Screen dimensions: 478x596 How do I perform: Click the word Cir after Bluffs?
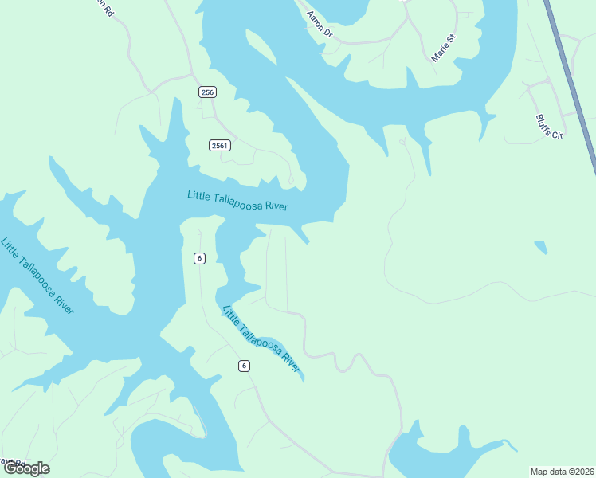(558, 135)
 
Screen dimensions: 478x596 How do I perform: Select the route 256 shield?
(207, 92)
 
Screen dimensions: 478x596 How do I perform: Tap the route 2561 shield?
(220, 145)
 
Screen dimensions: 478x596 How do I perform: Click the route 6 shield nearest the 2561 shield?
(199, 257)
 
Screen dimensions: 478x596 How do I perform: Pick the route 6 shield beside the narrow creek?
(244, 366)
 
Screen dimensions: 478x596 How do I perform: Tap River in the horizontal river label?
(276, 206)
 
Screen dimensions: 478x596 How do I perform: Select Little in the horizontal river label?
(199, 194)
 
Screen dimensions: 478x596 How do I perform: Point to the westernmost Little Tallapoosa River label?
(37, 276)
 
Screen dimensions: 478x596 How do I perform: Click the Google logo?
(26, 468)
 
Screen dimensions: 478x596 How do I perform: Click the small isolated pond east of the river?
(541, 247)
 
